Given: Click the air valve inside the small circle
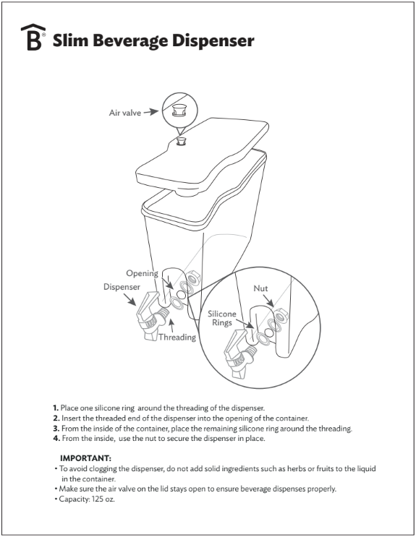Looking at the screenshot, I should click(179, 111).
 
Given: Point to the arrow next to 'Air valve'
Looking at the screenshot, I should click(150, 113).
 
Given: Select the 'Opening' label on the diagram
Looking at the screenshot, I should click(142, 273).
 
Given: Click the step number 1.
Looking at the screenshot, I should click(54, 408).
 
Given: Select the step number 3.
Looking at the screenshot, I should click(54, 429).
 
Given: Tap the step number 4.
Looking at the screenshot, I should click(54, 439).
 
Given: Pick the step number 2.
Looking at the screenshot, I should click(54, 418).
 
